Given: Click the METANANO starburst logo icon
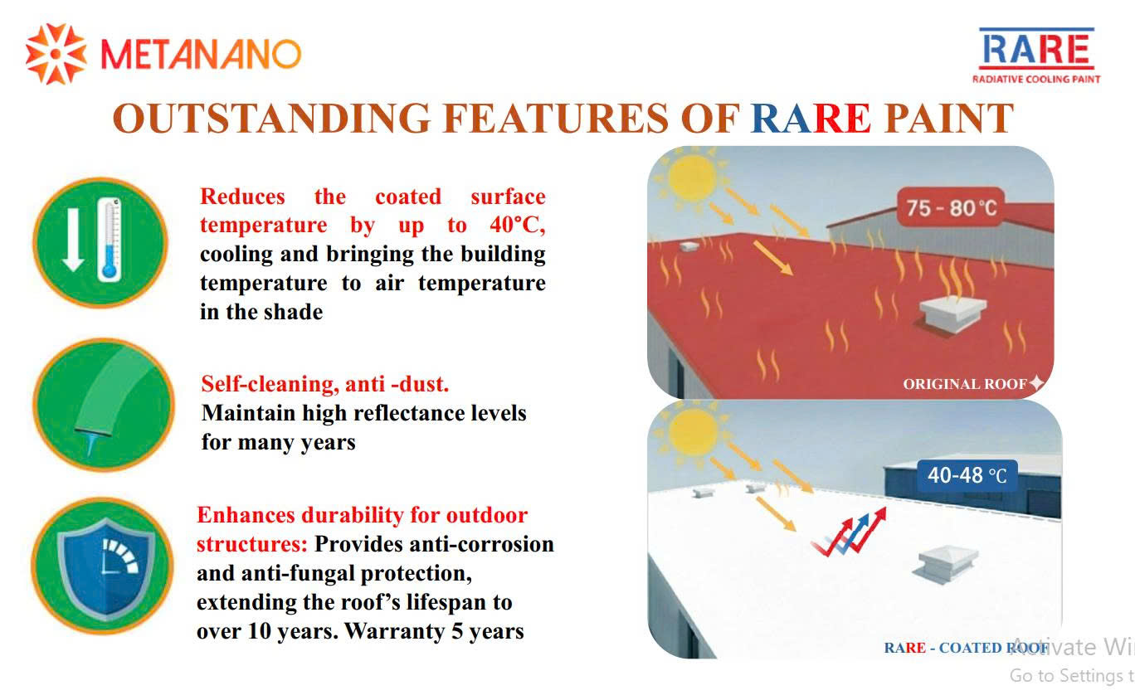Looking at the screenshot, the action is [x=56, y=54].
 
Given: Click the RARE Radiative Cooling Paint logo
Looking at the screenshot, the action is [x=1035, y=56].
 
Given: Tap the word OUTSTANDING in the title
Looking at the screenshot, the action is [x=271, y=118].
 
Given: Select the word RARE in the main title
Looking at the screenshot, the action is [x=811, y=118].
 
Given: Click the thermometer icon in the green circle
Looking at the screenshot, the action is [x=110, y=241].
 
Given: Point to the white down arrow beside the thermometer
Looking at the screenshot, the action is [x=73, y=240].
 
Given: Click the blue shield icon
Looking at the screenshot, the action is [x=105, y=568].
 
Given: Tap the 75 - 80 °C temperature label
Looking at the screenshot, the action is [x=951, y=207].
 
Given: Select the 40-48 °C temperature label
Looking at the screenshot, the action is [x=967, y=475].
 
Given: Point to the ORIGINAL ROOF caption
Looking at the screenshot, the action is [x=965, y=384].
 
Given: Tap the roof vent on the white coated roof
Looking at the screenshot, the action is [x=946, y=564].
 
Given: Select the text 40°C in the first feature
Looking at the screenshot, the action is [x=517, y=225].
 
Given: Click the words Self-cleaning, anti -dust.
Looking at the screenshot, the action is [x=324, y=384].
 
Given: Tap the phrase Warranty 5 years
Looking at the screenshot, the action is [x=434, y=631].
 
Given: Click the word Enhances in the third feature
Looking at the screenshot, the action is [x=246, y=515].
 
